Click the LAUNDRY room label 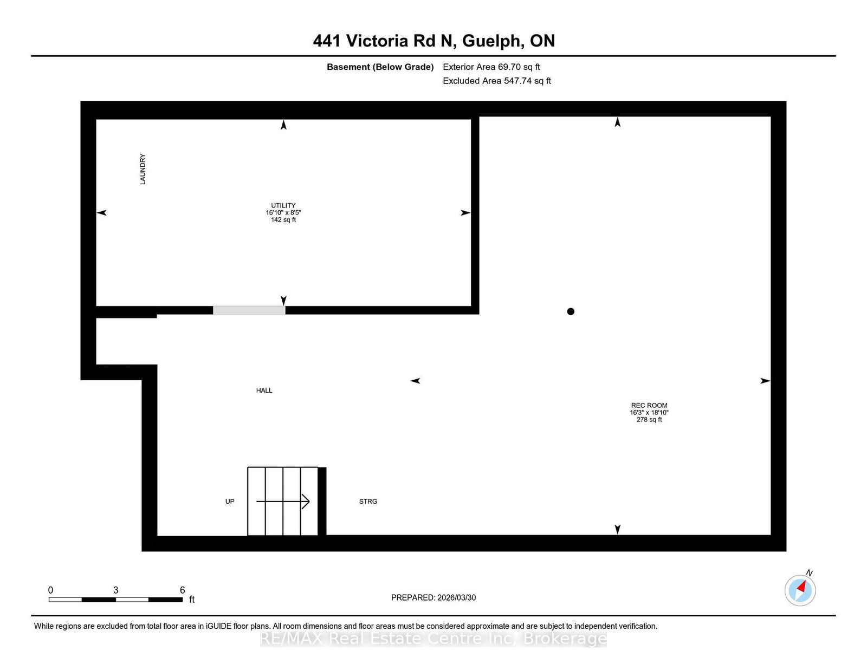143,170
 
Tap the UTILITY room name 283,205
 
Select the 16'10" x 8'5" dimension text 283,213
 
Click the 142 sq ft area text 283,220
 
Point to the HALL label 264,391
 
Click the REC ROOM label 649,405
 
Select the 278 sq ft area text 649,420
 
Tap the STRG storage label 368,502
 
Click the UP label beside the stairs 230,502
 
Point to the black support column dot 571,311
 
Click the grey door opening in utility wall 249,310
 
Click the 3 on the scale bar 115,590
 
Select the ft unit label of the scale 192,600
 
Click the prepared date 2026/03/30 456,597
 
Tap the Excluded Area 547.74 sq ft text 497,81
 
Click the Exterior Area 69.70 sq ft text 491,67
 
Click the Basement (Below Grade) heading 380,67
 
